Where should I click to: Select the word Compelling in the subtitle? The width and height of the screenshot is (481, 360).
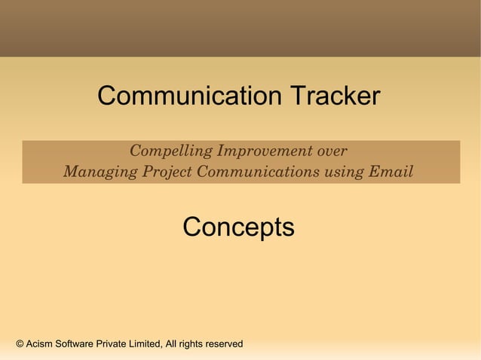coord(170,151)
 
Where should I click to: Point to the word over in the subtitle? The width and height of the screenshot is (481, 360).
coord(332,151)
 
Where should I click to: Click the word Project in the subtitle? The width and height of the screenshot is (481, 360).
coord(165,172)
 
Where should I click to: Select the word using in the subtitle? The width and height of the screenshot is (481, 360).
coord(345,172)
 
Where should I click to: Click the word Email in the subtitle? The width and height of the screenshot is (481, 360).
coord(391,172)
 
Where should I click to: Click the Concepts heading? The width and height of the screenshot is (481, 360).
coord(238,227)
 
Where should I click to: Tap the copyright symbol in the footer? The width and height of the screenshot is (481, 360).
coord(20,344)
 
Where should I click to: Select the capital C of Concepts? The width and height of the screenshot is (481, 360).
coord(191,227)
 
